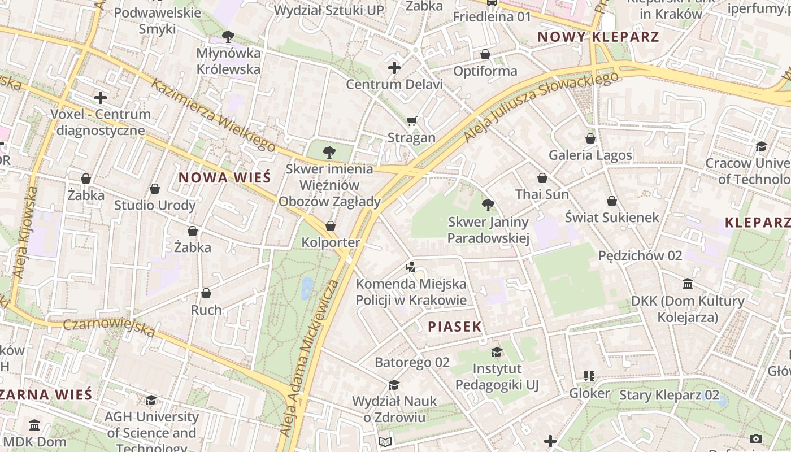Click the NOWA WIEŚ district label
point(225,177)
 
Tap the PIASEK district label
point(455,327)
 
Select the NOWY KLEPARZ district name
point(598,37)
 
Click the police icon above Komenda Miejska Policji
point(411,267)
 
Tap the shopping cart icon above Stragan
point(411,121)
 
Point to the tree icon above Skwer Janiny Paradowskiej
point(488,205)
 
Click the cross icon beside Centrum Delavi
point(394,68)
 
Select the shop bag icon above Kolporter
point(331,226)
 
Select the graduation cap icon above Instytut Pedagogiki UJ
point(497,353)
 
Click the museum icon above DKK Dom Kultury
point(688,284)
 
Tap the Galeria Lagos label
point(590,155)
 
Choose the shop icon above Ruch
point(206,293)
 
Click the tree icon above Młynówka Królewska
point(228,37)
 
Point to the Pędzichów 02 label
point(640,255)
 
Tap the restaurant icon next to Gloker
point(589,376)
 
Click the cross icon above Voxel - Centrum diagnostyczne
point(101,98)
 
